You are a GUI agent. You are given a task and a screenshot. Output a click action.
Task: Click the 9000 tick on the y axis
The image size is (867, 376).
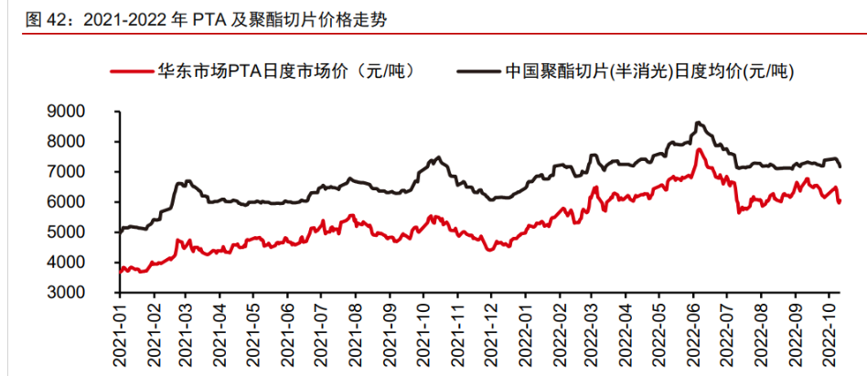tap(91, 112)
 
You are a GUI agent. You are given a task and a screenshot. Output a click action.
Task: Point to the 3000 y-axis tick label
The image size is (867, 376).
tap(91, 293)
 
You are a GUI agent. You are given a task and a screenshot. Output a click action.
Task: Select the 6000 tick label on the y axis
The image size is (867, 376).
tap(91, 202)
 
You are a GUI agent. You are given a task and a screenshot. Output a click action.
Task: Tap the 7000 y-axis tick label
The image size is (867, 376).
tap(91, 172)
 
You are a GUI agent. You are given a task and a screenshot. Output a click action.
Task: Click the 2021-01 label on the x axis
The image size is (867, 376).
tap(119, 338)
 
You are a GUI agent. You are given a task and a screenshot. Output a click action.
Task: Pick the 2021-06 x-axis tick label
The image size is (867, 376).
tap(286, 338)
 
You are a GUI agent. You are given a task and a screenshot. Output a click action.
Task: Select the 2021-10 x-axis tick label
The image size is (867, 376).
tap(423, 338)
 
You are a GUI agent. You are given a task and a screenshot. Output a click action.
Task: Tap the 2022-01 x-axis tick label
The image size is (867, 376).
tap(526, 338)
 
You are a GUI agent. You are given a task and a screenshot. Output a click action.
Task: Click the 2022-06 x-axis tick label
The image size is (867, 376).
tap(695, 338)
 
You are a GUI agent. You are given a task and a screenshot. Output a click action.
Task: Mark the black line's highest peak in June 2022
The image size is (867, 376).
tap(698, 122)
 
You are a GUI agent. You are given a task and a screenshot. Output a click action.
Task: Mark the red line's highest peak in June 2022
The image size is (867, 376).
tap(699, 149)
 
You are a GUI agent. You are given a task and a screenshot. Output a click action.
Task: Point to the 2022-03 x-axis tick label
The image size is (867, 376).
tap(594, 338)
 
